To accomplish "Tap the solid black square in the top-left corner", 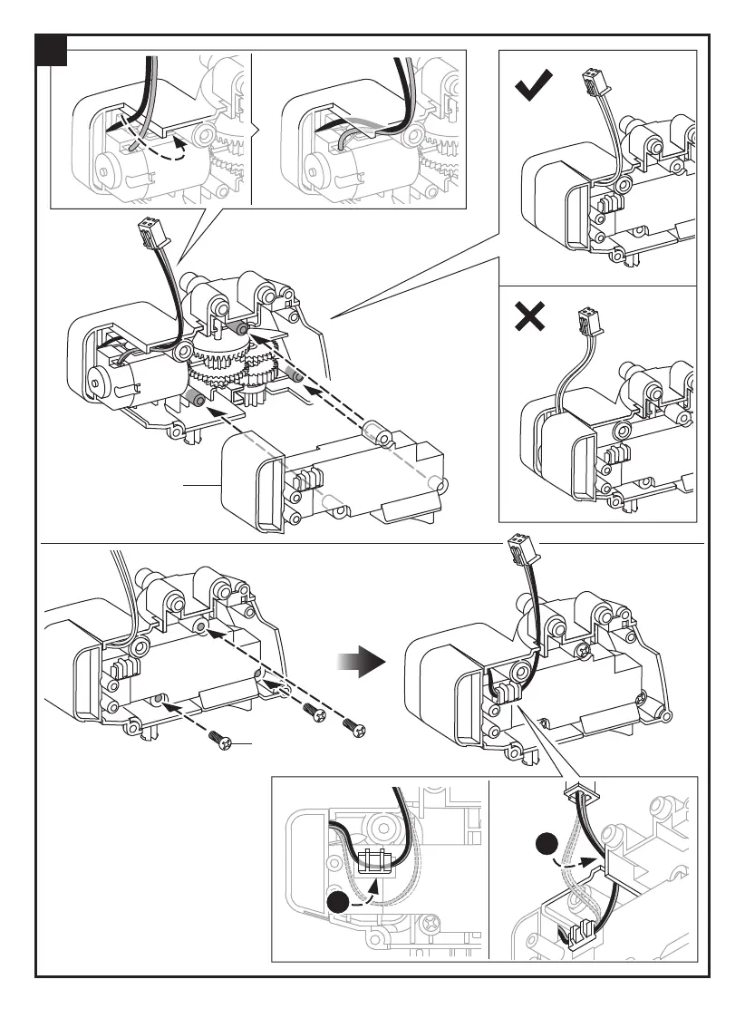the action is [x=52, y=52].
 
